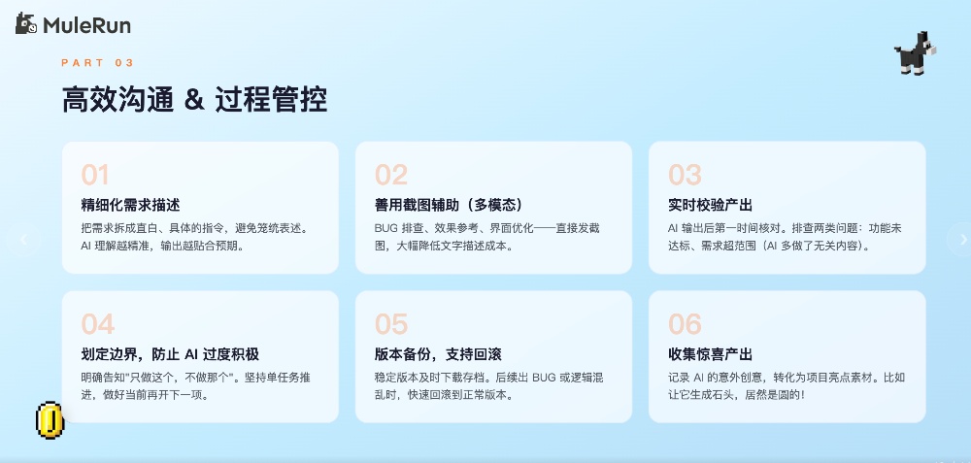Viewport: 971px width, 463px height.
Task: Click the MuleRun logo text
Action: pyautogui.click(x=86, y=26)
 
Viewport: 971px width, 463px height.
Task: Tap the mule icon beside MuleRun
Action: pyautogui.click(x=26, y=25)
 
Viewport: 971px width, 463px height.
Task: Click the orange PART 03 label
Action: pyautogui.click(x=97, y=63)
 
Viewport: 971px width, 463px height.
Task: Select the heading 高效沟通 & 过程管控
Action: pyautogui.click(x=194, y=100)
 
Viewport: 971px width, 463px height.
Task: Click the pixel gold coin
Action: pyautogui.click(x=50, y=419)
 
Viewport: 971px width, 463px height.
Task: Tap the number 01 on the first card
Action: pyautogui.click(x=95, y=175)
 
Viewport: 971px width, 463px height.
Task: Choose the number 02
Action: pyautogui.click(x=390, y=175)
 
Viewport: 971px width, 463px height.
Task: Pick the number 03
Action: pyautogui.click(x=685, y=175)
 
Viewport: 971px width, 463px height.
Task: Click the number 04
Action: pyautogui.click(x=97, y=323)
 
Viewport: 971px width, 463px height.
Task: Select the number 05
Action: pyautogui.click(x=390, y=323)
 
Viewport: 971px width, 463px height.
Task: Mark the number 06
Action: pyautogui.click(x=685, y=323)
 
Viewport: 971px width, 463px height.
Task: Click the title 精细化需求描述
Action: pyautogui.click(x=131, y=205)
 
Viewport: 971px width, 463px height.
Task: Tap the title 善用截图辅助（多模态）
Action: pyautogui.click(x=449, y=205)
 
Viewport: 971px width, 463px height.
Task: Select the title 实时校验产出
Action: pyautogui.click(x=711, y=205)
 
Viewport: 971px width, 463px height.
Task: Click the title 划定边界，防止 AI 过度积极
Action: pyautogui.click(x=170, y=353)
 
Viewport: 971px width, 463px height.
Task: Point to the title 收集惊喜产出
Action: pyautogui.click(x=711, y=353)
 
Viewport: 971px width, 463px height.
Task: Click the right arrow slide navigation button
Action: pyautogui.click(x=961, y=239)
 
